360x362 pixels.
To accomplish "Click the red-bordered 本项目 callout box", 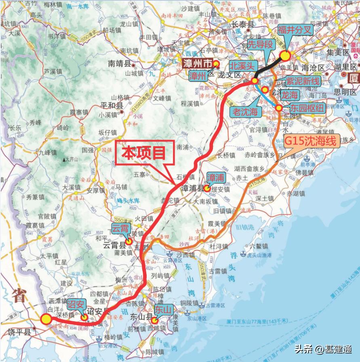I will click(x=145, y=153).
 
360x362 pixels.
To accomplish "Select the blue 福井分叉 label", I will click(x=294, y=30).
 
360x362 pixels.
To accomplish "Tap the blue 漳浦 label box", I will click(x=215, y=177).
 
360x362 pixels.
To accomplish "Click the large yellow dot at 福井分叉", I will click(x=285, y=56).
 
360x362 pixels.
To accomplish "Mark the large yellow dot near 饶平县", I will click(x=46, y=319).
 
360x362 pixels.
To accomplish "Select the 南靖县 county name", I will click(x=120, y=63).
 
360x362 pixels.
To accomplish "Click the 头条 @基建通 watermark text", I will click(x=322, y=349).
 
